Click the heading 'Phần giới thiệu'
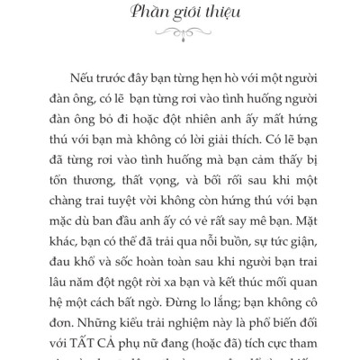click(180, 16)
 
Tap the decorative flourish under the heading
click(180, 39)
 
